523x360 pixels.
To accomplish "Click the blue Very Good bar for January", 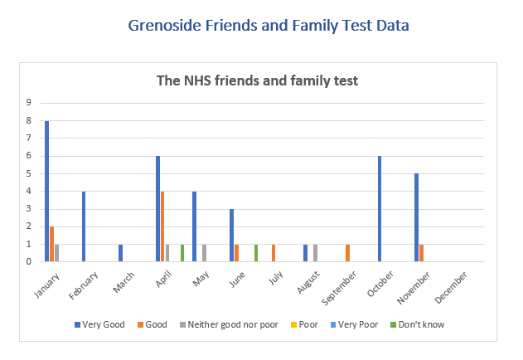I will tap(47, 192).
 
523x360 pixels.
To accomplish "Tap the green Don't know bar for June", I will tap(256, 253).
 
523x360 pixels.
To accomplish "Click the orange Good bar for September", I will tap(348, 253).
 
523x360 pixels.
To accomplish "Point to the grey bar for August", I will tap(316, 253).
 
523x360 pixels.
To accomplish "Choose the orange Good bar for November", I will tap(422, 253).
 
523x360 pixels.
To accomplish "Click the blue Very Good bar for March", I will tap(121, 253).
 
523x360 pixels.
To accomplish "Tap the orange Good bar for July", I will tap(274, 253).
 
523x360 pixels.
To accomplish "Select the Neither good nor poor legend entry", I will tap(235, 324).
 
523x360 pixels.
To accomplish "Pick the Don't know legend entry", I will tap(419, 324).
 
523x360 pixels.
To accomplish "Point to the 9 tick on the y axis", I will tap(29, 103).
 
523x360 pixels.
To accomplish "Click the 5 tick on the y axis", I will tap(29, 173).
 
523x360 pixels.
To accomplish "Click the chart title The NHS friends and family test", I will tap(258, 81).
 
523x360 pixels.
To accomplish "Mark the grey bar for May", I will tap(204, 253).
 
